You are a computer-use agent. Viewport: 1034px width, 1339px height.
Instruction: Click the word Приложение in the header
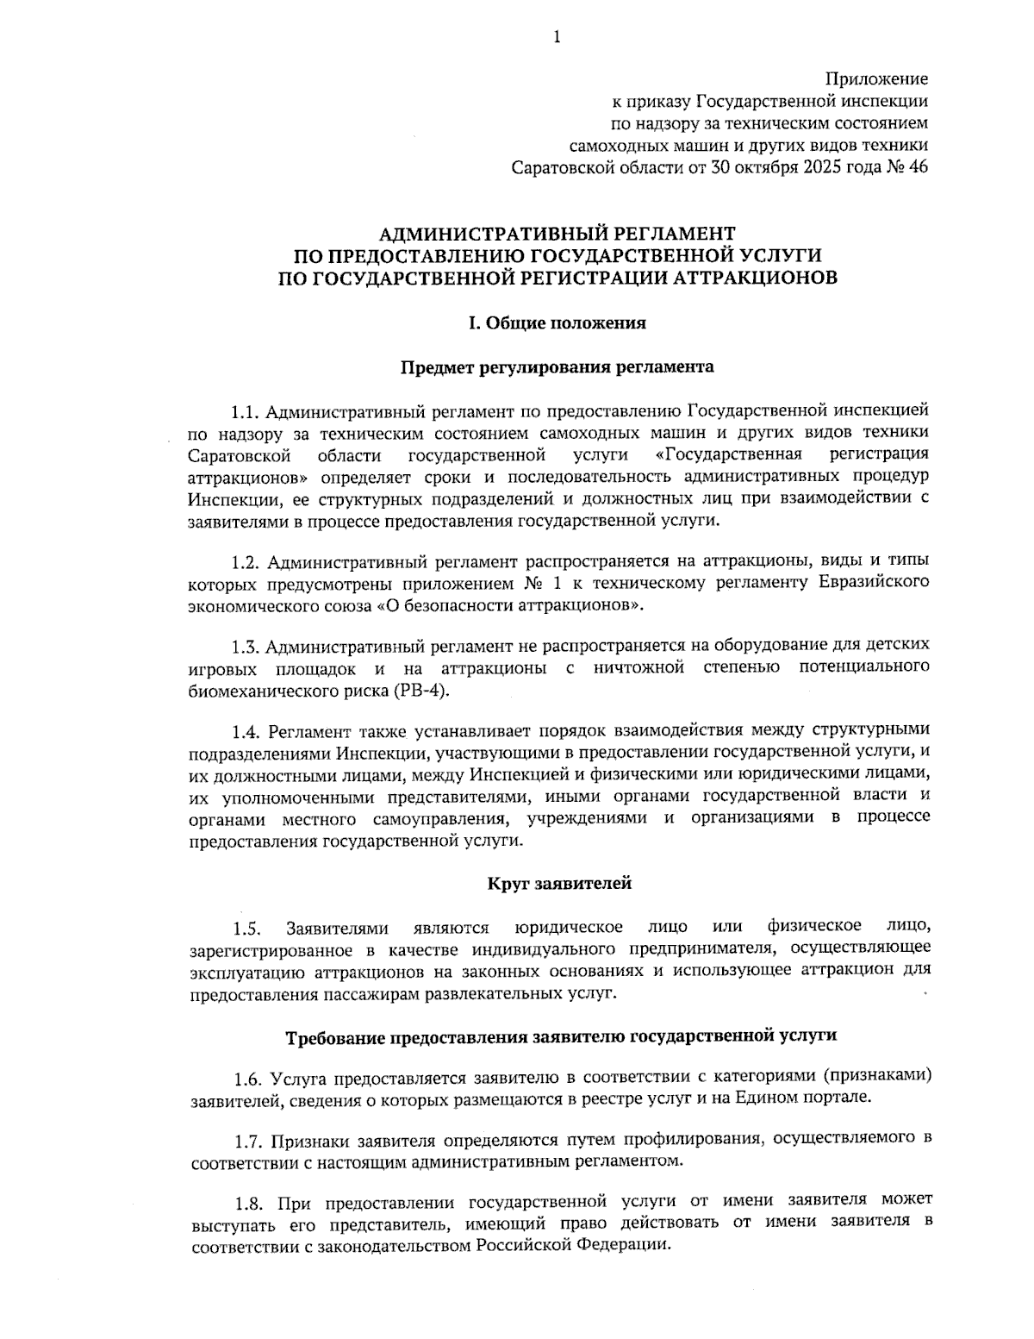[x=877, y=79]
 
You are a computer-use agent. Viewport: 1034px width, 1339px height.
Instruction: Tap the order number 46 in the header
[x=918, y=167]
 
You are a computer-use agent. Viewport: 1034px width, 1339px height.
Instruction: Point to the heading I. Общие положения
[x=557, y=323]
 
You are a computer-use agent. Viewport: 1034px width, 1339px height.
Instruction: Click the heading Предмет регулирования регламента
[x=557, y=367]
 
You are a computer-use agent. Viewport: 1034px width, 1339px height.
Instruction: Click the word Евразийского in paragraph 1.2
[x=871, y=584]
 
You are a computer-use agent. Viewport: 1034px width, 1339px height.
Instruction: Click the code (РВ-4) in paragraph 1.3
[x=422, y=691]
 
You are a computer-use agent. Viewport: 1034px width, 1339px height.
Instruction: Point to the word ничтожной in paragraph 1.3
[x=638, y=668]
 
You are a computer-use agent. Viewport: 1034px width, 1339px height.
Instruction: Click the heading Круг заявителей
[x=559, y=883]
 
